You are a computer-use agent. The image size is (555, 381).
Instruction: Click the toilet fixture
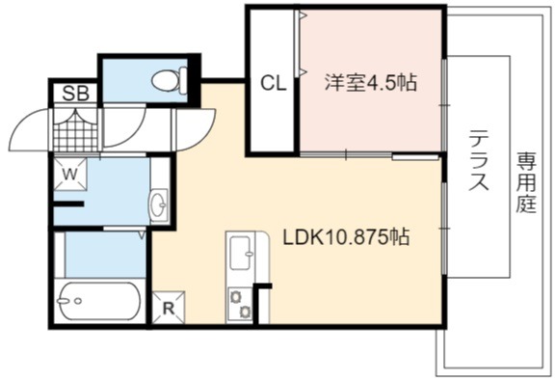(170, 81)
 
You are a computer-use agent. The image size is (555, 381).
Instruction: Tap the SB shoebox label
(75, 94)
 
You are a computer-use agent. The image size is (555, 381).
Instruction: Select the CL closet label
(273, 84)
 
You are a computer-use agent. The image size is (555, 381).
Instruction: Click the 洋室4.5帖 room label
(371, 83)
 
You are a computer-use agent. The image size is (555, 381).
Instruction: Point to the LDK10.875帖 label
(346, 237)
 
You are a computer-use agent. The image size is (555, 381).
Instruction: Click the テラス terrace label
(479, 160)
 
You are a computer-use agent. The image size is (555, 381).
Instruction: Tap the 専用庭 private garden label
(526, 182)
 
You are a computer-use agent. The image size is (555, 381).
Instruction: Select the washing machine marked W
(70, 175)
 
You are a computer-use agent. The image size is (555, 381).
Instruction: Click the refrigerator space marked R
(169, 308)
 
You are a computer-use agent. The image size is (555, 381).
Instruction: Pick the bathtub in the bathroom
(99, 301)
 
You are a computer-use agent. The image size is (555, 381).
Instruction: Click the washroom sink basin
(159, 204)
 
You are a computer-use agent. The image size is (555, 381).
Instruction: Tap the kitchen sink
(242, 253)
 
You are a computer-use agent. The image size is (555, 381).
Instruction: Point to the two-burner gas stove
(240, 304)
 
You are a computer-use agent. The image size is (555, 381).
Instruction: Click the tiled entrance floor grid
(75, 129)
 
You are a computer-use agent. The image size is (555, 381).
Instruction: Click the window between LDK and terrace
(444, 229)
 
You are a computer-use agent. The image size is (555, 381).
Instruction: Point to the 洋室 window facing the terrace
(444, 105)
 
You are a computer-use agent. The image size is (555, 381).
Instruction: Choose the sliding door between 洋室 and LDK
(370, 155)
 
